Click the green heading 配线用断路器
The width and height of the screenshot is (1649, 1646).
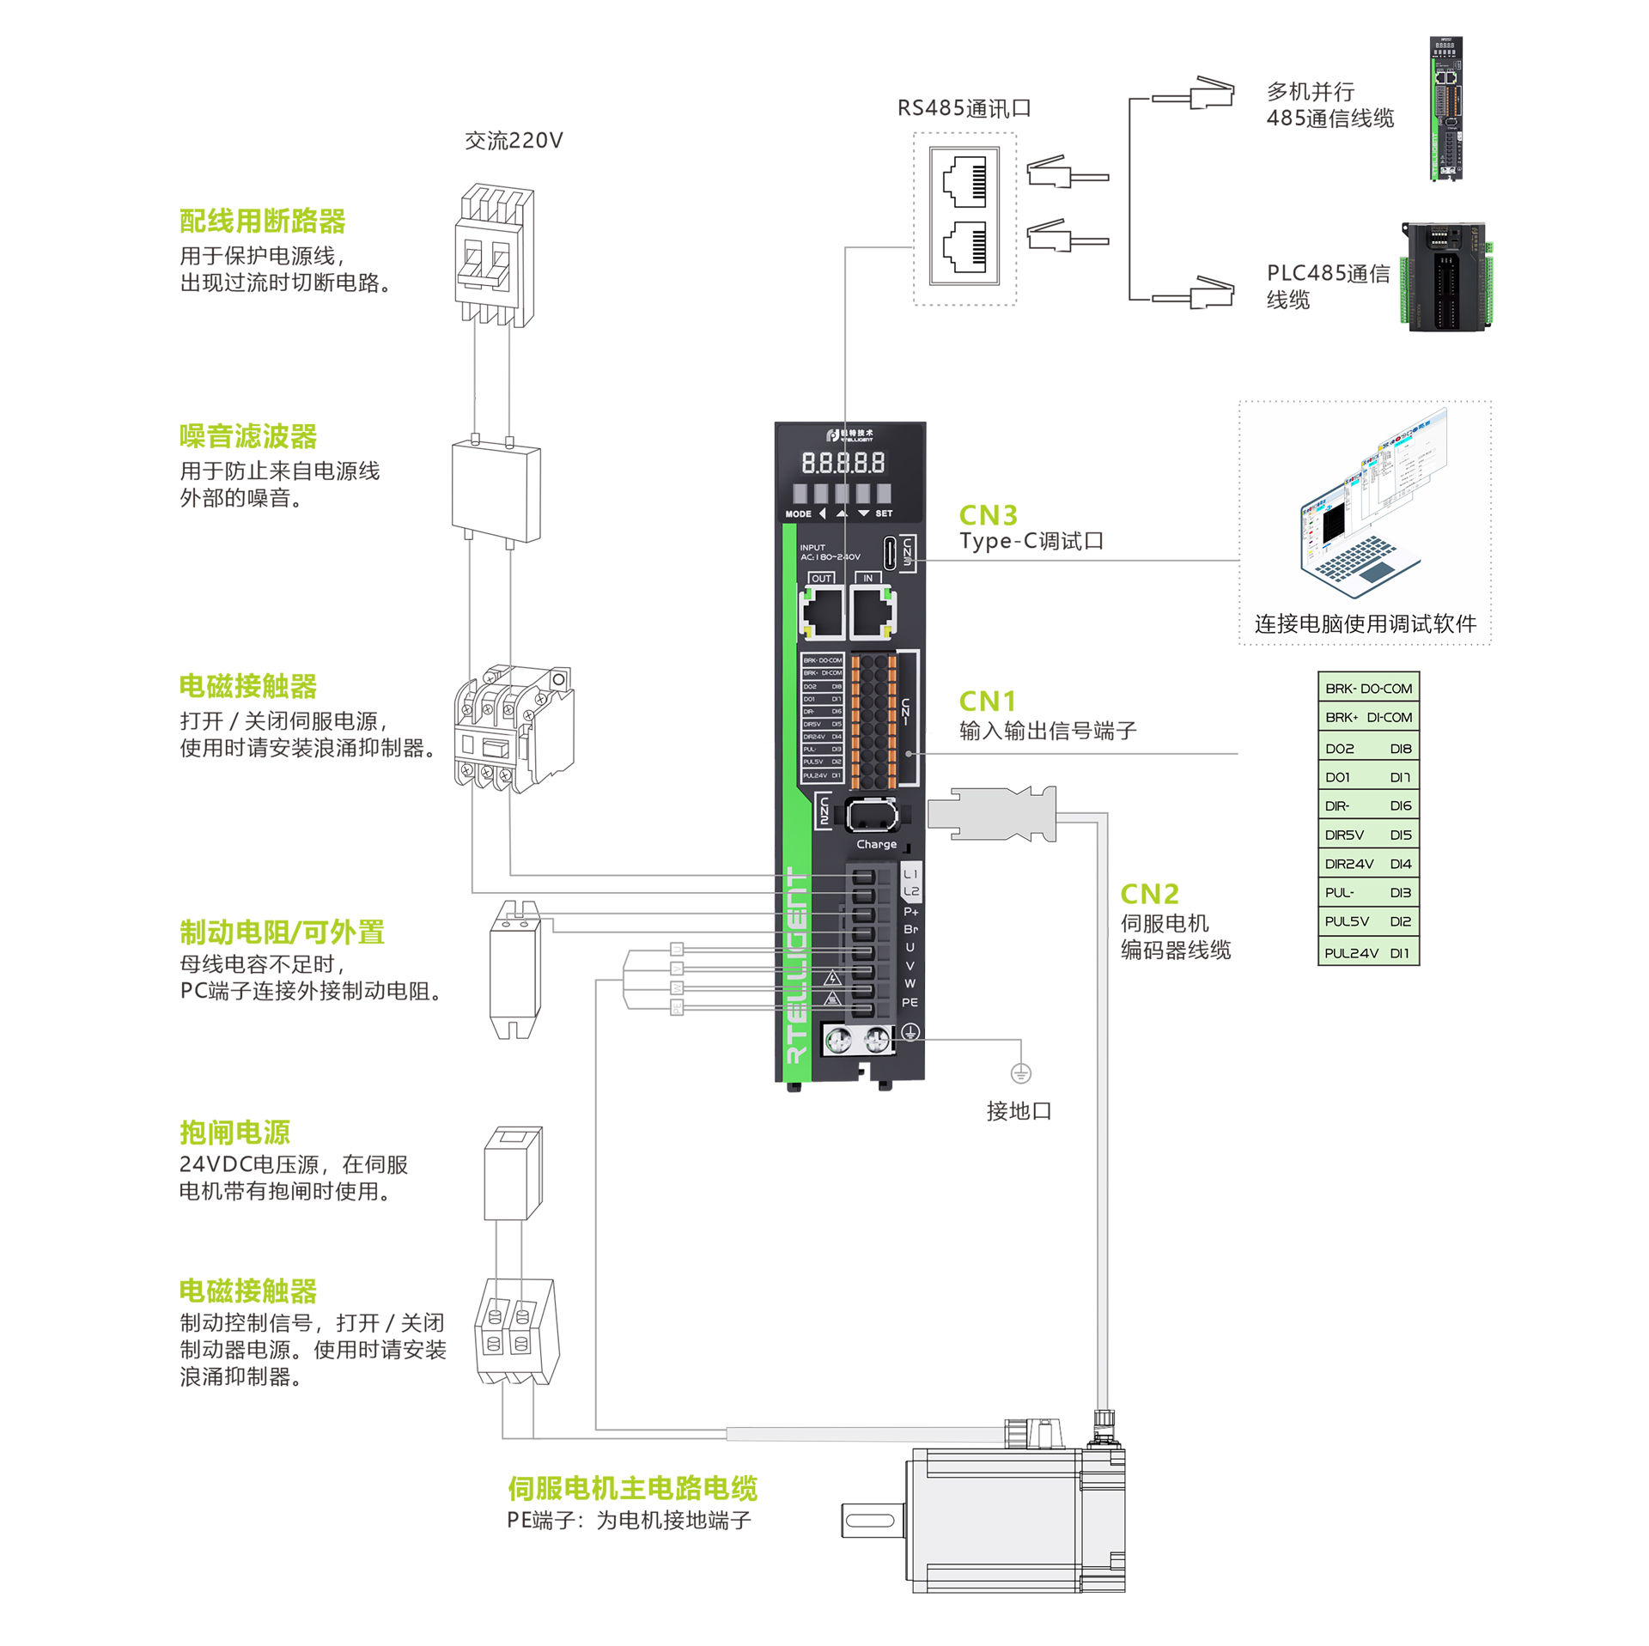click(262, 221)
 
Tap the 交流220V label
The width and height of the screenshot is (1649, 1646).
click(514, 141)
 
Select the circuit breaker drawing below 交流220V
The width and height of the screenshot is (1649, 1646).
click(494, 255)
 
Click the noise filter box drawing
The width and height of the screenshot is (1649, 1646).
click(496, 491)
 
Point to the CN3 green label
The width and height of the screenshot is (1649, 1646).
click(988, 515)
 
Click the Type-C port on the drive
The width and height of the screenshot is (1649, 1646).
click(890, 553)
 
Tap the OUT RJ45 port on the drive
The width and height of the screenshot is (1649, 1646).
click(822, 613)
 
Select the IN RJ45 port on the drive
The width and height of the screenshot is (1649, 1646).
click(872, 613)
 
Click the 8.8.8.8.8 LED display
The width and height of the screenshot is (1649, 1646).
click(843, 464)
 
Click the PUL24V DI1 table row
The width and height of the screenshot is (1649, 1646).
click(1367, 952)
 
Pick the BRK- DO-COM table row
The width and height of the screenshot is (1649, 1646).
click(1367, 688)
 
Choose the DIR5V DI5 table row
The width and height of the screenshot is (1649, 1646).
click(1367, 834)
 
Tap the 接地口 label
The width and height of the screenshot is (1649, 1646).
click(1019, 1111)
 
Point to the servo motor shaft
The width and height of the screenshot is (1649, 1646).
click(871, 1521)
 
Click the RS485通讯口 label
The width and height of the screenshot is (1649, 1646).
click(964, 108)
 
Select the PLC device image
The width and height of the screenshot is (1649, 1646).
click(1447, 276)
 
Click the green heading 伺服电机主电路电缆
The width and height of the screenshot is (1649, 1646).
click(632, 1488)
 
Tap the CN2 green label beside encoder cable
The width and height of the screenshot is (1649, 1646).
click(1149, 894)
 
